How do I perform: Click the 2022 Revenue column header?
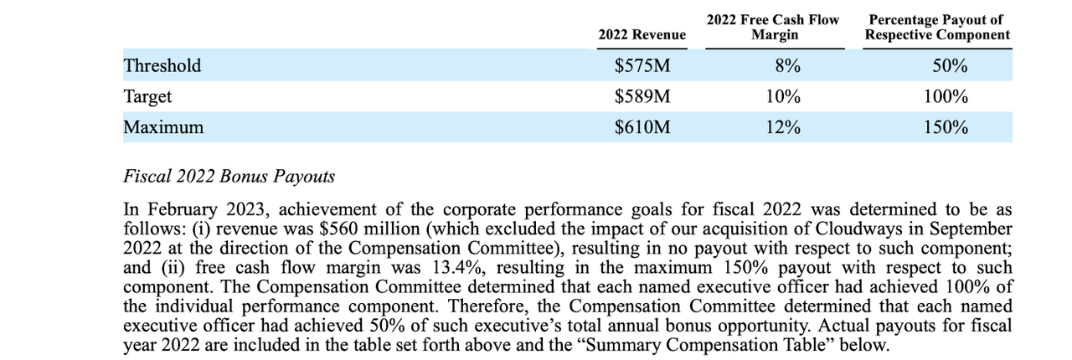(642, 34)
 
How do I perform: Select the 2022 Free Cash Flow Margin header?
(773, 27)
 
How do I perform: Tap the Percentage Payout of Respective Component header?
(937, 27)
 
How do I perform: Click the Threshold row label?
(162, 65)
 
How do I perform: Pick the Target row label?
(147, 96)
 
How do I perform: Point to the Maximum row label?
(163, 127)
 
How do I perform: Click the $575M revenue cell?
(642, 65)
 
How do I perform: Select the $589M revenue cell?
(642, 96)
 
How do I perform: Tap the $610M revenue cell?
(642, 127)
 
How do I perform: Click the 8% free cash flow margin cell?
(783, 65)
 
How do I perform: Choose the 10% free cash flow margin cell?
(783, 96)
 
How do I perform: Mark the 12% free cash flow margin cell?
(783, 127)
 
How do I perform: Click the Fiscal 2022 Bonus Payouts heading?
(229, 177)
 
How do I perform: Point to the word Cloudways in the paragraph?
(856, 229)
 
